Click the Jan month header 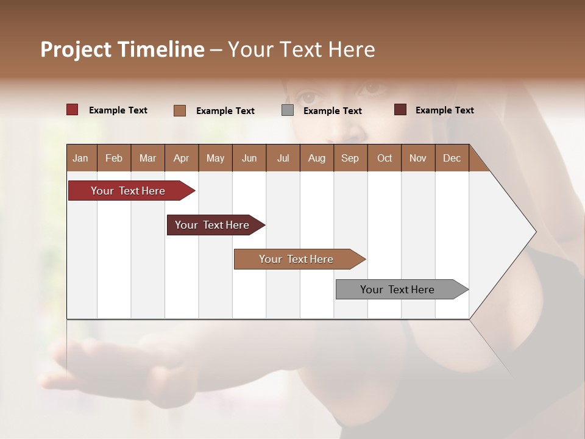coord(80,159)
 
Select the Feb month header coord(114,159)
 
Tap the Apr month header coord(181,159)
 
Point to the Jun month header coord(249,159)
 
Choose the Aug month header coord(316,159)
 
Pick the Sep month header coord(350,159)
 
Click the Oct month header coord(385,159)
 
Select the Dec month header coord(452,159)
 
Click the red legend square coord(73,110)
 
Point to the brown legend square coord(179,110)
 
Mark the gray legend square coord(288,110)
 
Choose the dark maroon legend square coord(400,110)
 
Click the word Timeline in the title coord(159,49)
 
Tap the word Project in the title coord(74,49)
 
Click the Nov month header coord(417,159)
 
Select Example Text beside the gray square coord(332,111)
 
